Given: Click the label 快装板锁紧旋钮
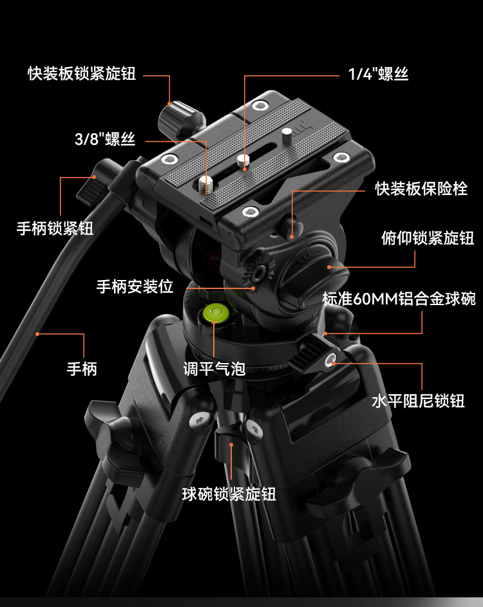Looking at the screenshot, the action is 82,73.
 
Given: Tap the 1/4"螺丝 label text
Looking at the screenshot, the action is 379,74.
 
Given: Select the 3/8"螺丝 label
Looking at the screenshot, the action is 104,139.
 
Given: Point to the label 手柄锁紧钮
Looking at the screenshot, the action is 55,228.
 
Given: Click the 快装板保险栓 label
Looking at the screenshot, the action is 422,189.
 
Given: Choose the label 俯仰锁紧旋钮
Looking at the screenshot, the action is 428,238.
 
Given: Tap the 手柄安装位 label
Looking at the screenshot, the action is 135,286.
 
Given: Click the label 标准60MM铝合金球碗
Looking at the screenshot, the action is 399,299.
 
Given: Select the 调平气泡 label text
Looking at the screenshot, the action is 214,369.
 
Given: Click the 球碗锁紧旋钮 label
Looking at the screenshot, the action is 229,494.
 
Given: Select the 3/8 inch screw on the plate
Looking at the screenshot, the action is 206,185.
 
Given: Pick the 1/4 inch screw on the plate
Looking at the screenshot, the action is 243,160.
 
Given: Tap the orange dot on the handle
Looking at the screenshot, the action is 38,333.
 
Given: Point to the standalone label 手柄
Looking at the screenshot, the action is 82,369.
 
